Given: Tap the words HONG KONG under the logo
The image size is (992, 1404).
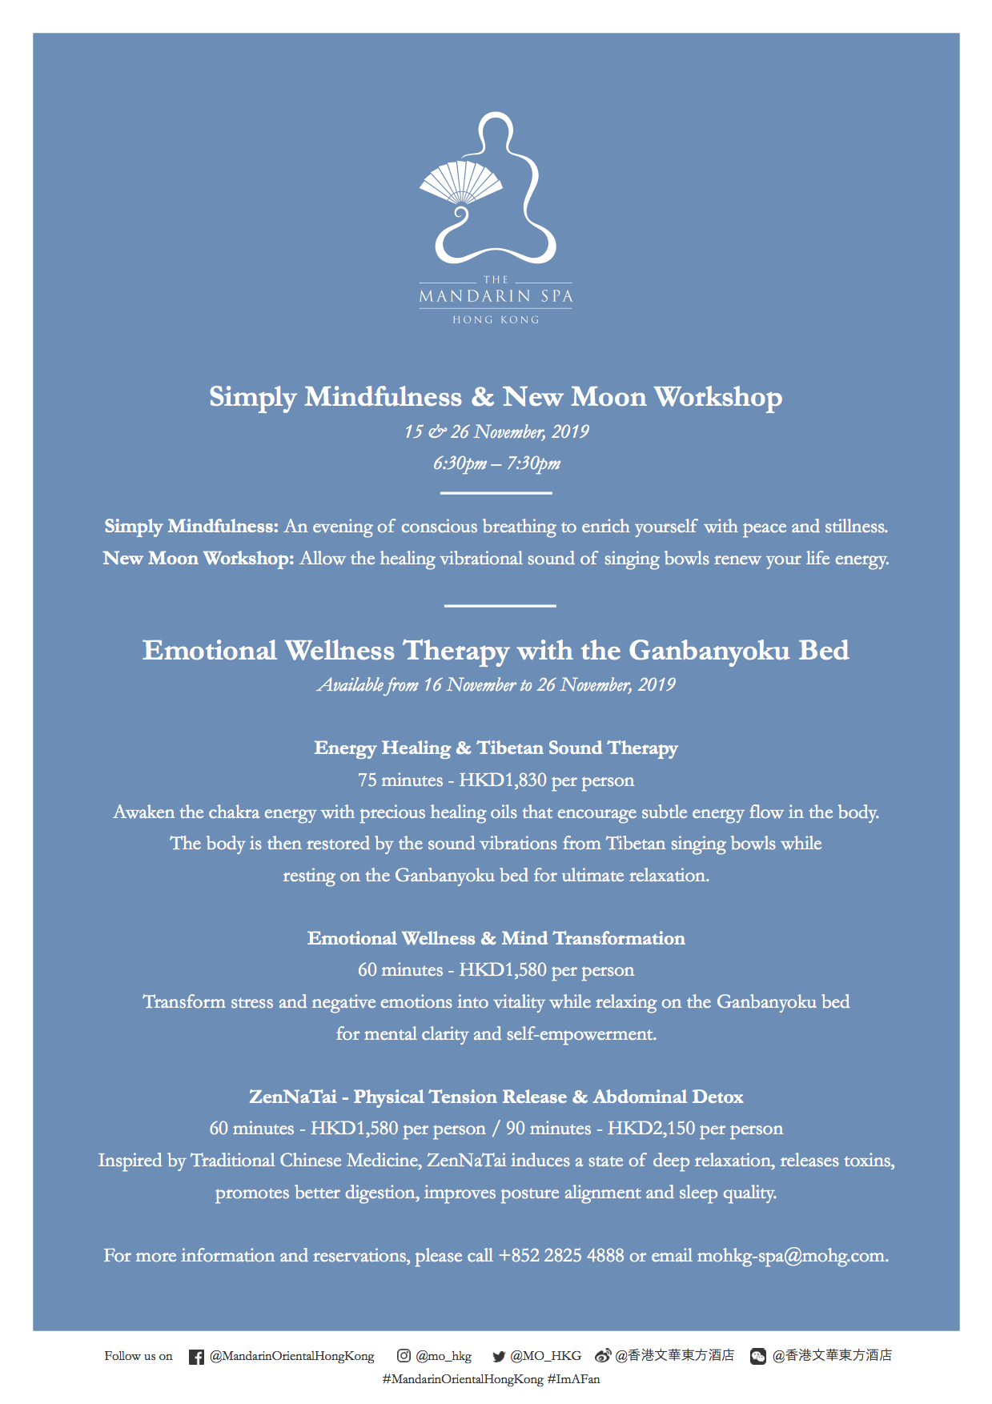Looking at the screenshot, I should [496, 319].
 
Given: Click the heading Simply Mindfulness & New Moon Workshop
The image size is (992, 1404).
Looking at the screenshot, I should [496, 397].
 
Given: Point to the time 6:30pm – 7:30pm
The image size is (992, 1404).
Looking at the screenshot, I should [496, 463].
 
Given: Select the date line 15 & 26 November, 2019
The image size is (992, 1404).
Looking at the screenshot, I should [496, 432].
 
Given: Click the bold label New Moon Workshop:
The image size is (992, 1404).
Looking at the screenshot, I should [199, 559].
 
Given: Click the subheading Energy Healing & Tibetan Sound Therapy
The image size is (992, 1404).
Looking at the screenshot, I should [496, 748].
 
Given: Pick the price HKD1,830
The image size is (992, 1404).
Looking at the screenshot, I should [503, 780].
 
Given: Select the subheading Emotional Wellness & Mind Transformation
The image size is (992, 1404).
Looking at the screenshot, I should [496, 938].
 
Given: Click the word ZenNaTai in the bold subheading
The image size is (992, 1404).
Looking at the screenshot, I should [292, 1097].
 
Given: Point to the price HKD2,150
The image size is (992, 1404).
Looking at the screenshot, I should [651, 1129].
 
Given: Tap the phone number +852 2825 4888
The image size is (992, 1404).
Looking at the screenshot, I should [560, 1256].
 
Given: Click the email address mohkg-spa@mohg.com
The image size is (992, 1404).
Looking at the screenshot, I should [792, 1256].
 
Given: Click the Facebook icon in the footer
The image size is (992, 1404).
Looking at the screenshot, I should [196, 1357].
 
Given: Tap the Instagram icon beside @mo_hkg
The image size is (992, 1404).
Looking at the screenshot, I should [404, 1356].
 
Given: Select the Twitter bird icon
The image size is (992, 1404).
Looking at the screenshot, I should [499, 1357].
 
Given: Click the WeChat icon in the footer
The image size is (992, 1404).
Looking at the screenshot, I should [757, 1357].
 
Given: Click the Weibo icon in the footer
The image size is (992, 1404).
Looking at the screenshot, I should [603, 1356].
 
